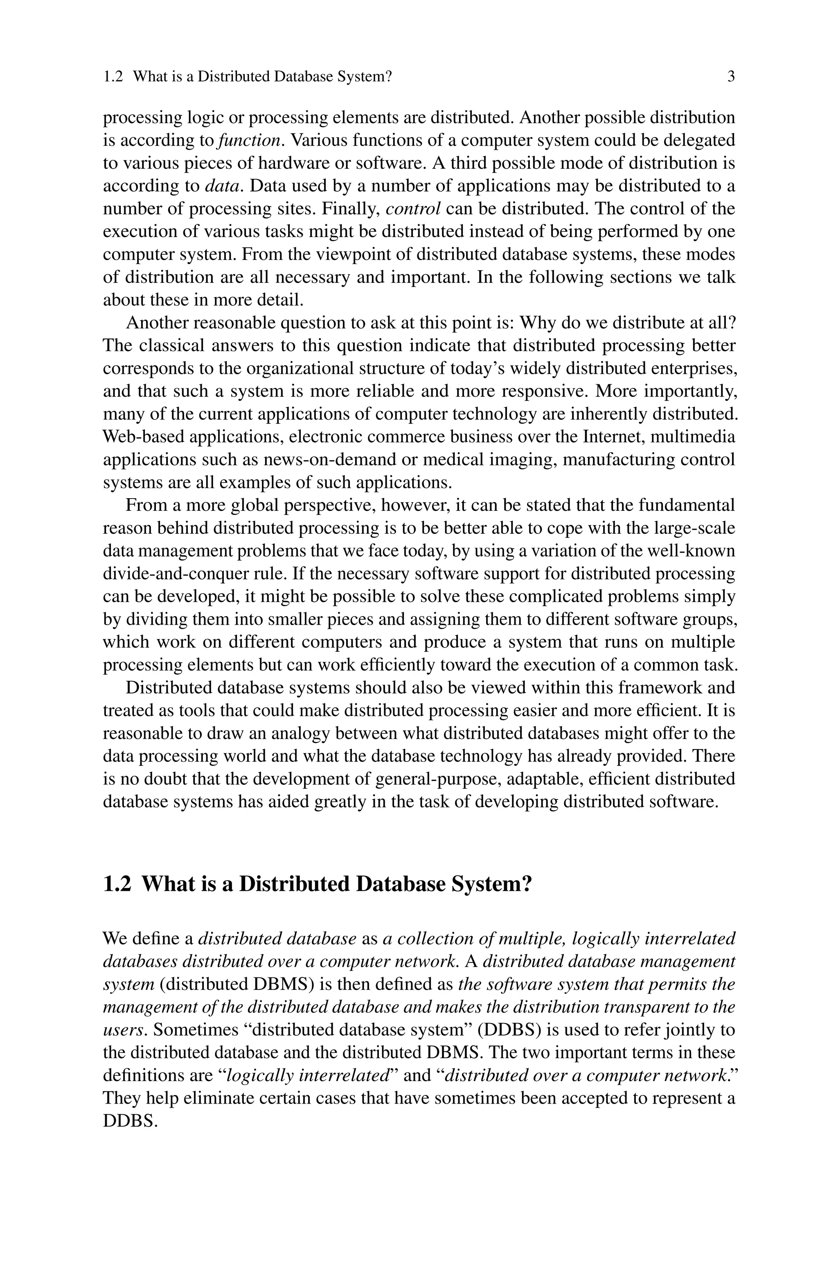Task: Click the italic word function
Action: pyautogui.click(x=249, y=140)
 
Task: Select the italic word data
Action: pyautogui.click(x=224, y=186)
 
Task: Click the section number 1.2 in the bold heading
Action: pyautogui.click(x=117, y=884)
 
